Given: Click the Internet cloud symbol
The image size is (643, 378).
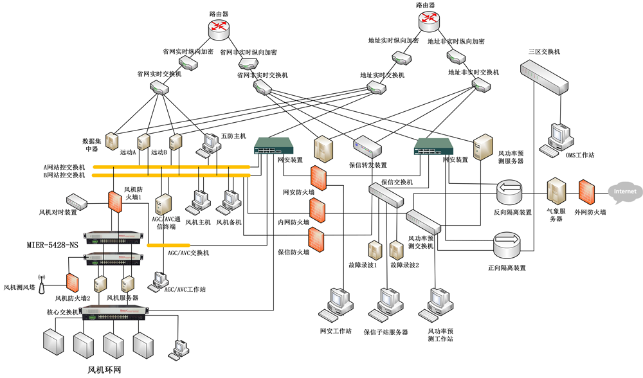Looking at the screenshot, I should (x=624, y=192).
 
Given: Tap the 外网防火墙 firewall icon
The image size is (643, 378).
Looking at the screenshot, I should (x=585, y=192).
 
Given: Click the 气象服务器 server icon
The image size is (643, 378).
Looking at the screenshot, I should (x=555, y=192).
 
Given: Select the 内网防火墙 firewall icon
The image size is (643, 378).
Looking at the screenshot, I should (x=316, y=209).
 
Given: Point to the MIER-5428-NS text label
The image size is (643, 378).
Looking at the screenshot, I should (x=52, y=245).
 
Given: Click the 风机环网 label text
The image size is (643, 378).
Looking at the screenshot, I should (x=105, y=370).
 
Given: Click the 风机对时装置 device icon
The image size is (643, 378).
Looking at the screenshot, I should (x=76, y=200).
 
